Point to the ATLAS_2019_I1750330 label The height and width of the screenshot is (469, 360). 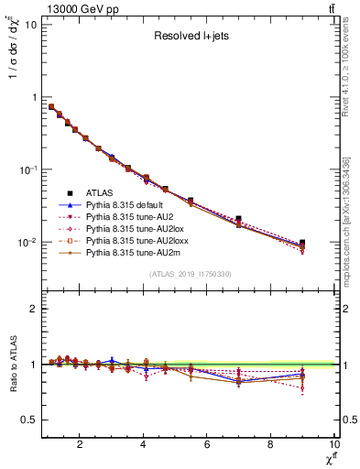pyautogui.click(x=191, y=273)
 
